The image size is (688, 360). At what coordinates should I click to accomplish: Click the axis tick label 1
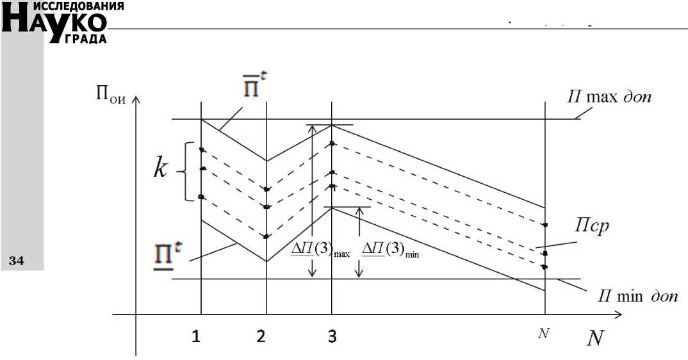[x=197, y=338]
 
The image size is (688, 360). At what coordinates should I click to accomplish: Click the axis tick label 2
[x=261, y=338]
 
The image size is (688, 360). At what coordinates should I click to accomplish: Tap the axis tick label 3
[x=332, y=338]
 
